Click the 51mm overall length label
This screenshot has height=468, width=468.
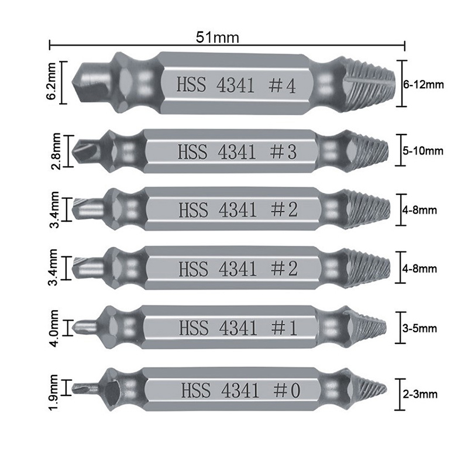218,38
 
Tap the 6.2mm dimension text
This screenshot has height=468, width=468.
52,81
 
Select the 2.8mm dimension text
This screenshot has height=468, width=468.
55,151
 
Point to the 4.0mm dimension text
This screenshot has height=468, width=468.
54,328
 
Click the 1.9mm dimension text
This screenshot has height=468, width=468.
54,392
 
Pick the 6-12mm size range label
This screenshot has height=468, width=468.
424,84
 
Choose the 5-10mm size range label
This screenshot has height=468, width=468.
422,151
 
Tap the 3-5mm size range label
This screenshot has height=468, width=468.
419,328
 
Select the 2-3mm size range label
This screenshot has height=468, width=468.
419,394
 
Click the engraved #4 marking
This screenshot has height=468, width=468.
282,85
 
